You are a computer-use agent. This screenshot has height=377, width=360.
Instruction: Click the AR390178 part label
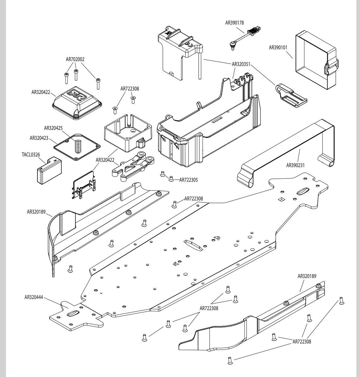235,23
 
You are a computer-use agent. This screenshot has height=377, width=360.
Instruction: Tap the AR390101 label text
278,48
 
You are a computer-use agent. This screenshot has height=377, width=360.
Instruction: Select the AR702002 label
75,59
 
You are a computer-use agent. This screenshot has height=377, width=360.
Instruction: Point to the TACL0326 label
31,155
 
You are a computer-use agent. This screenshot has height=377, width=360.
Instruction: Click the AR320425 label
53,128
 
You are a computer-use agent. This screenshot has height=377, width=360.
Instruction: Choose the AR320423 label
39,138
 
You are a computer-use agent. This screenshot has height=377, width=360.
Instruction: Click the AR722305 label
188,180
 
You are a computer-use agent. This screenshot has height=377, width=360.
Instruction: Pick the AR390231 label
296,165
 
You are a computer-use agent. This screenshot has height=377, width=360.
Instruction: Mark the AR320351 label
241,64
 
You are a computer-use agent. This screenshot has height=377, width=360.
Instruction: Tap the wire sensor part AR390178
246,36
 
